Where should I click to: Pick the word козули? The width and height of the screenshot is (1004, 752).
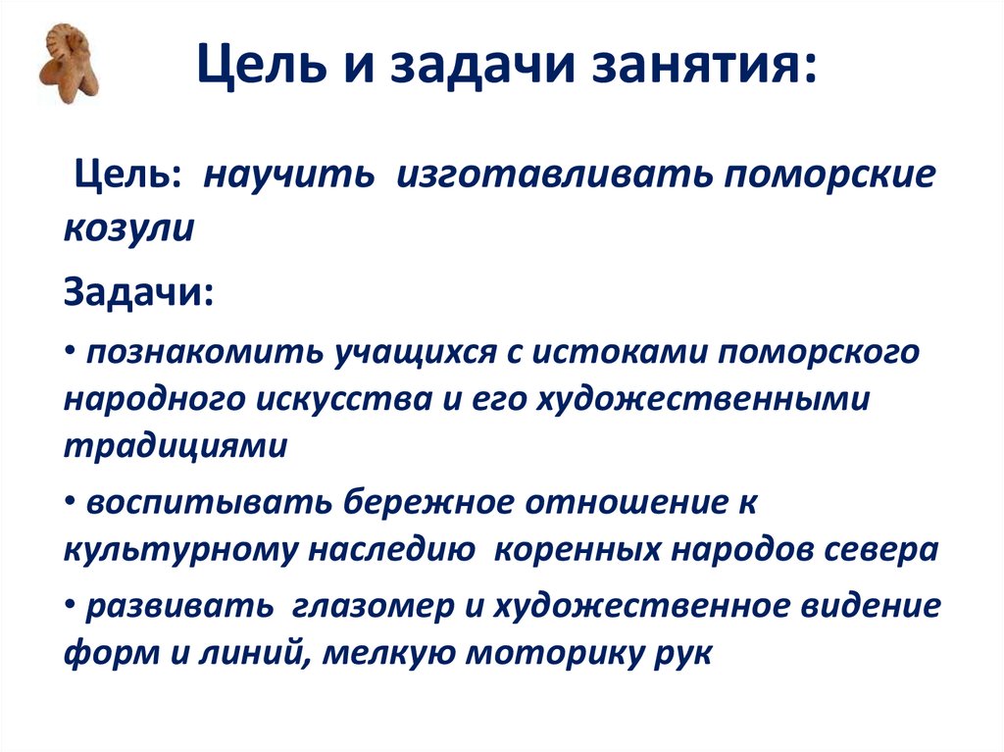128,227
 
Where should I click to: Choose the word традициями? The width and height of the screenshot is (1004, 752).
177,446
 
